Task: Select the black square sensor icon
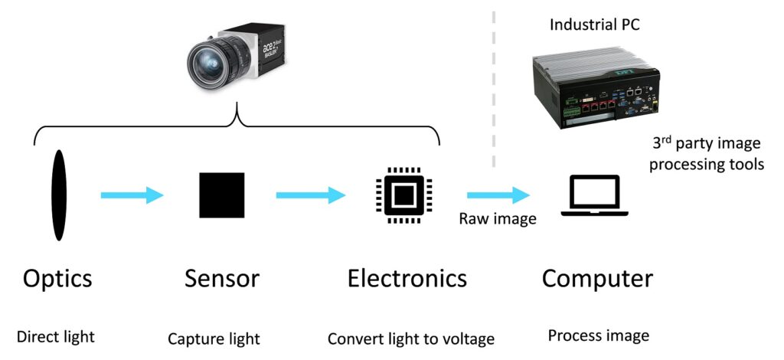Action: coord(222,195)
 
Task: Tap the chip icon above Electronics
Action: coord(404,195)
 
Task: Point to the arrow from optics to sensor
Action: coord(132,195)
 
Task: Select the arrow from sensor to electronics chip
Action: coord(311,195)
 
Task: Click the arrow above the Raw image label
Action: coord(498,195)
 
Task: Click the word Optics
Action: coord(58,278)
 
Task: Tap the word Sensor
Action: coord(222,278)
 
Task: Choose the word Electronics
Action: coord(407,278)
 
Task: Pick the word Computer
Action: coord(597,278)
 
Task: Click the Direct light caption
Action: coord(57,336)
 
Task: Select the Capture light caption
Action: coord(214,338)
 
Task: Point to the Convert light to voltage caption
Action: coord(411,338)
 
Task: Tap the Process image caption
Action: coord(599,335)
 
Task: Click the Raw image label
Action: coord(498,219)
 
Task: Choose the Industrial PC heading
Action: coord(595,25)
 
